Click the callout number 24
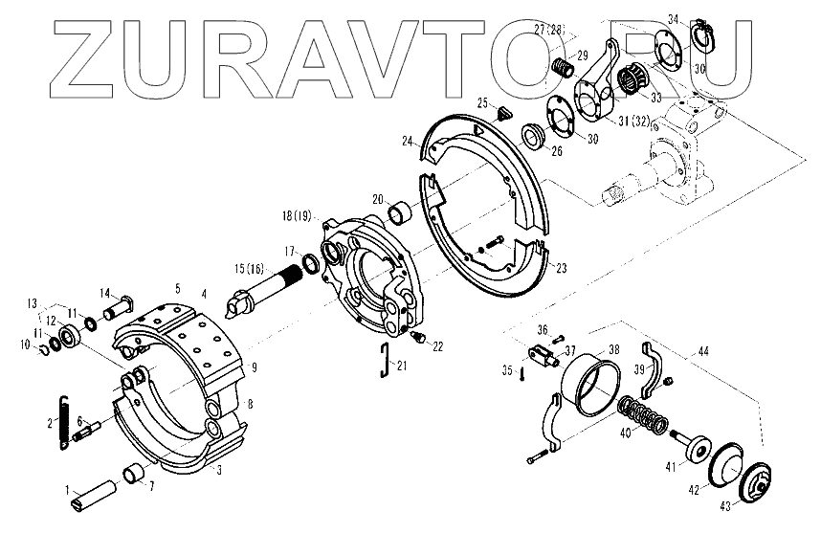click(408, 141)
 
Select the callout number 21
click(403, 366)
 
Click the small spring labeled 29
click(564, 68)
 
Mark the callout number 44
click(704, 353)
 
